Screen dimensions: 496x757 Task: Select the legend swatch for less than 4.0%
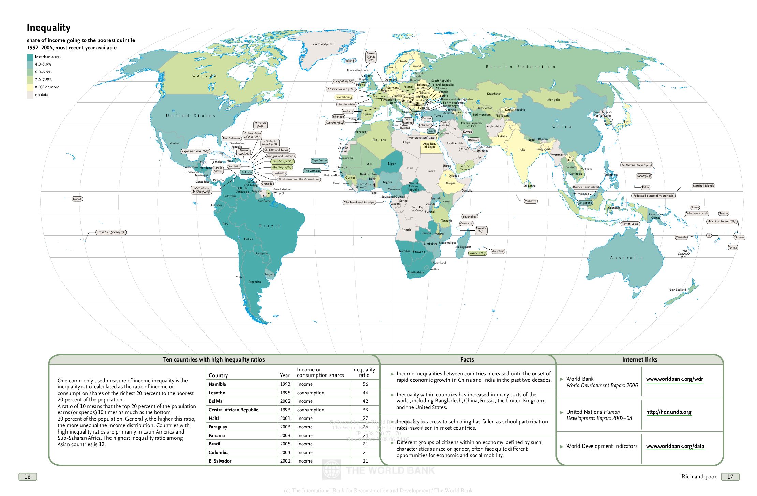30,57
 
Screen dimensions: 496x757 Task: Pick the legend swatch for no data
30,95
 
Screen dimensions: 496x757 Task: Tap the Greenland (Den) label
323,44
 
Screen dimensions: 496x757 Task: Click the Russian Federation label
520,67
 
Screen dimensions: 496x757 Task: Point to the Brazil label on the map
269,226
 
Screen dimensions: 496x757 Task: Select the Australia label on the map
626,258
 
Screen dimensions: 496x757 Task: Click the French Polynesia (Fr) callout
112,232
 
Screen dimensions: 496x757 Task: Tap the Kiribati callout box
77,199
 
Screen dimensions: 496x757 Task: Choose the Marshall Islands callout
703,186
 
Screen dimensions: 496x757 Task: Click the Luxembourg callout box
343,97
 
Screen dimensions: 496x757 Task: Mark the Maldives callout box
530,201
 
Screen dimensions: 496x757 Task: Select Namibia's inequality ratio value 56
365,384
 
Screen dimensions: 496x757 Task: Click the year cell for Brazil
285,444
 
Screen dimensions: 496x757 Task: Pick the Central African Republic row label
233,410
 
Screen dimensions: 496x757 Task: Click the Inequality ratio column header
363,372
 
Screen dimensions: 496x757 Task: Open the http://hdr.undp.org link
668,412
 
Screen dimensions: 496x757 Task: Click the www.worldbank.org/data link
675,446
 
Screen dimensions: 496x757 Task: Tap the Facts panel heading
467,359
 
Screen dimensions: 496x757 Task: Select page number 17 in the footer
730,477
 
